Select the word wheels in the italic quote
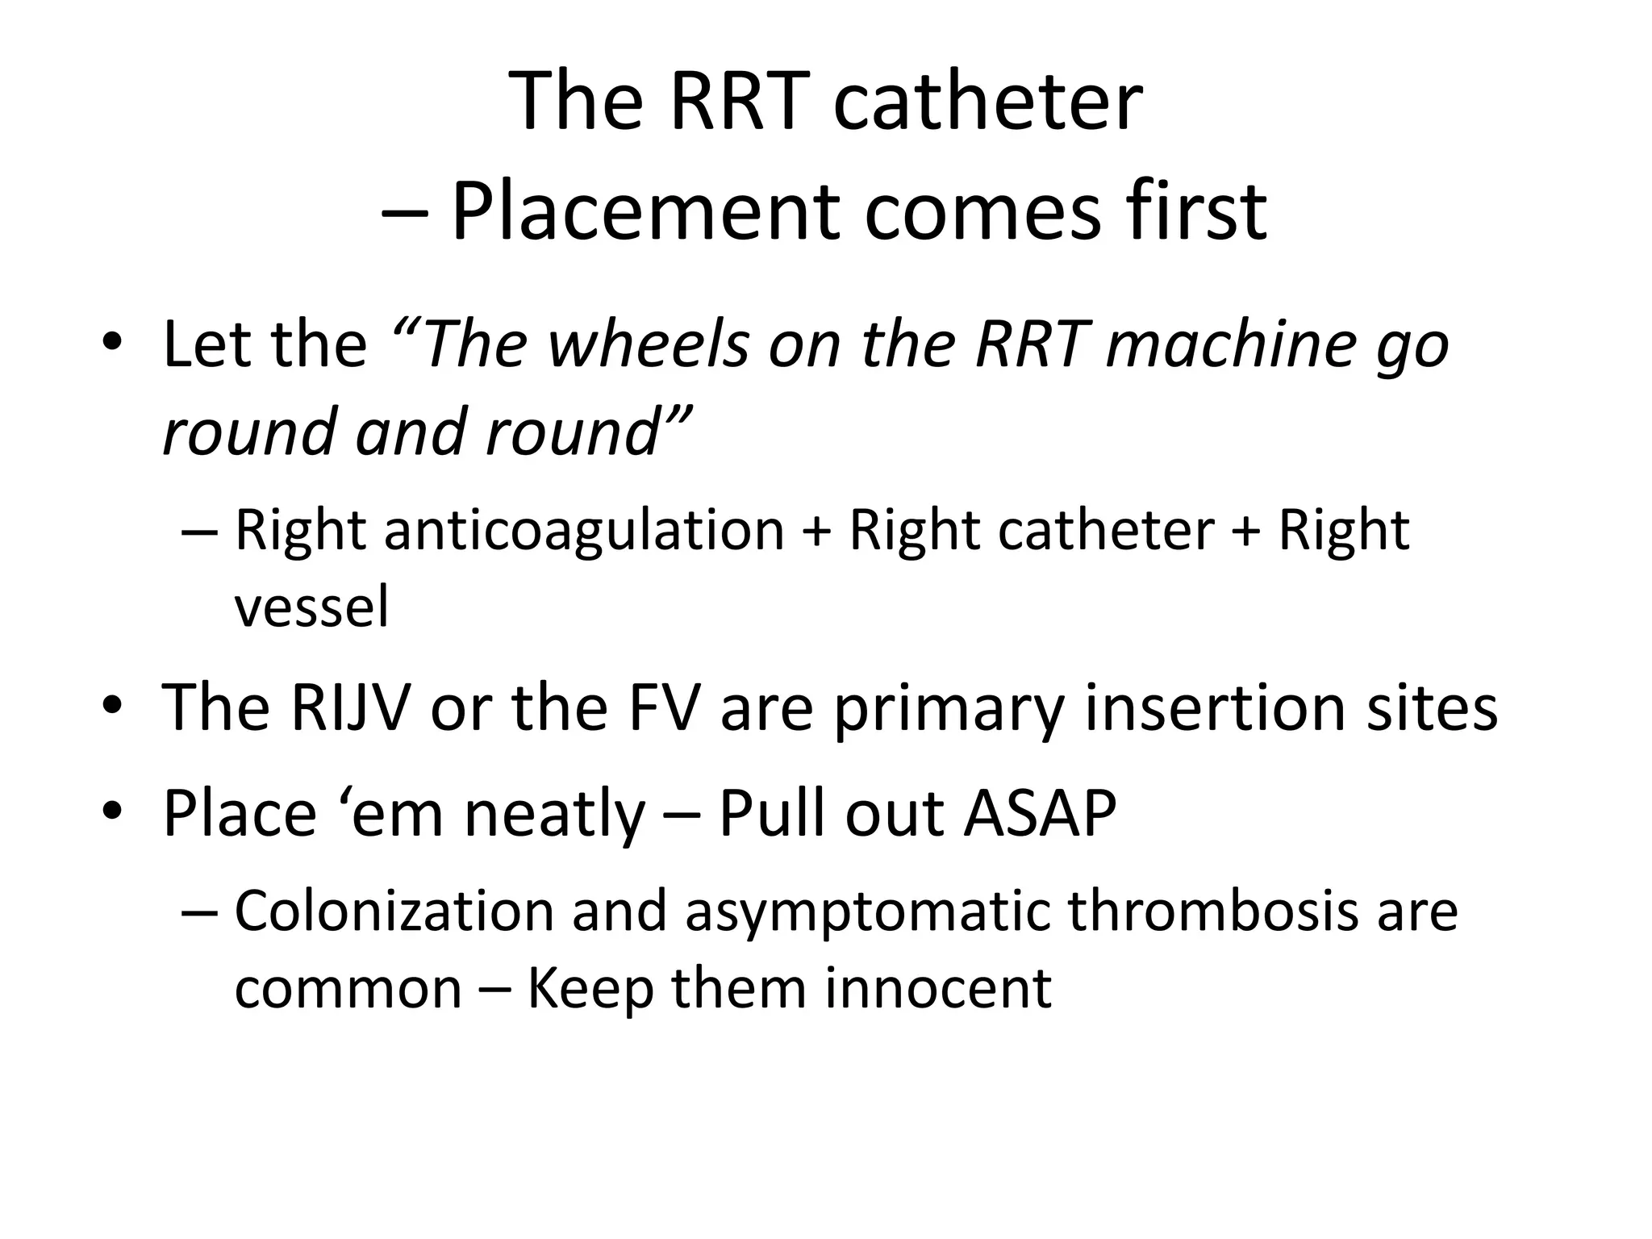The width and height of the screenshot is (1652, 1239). click(x=650, y=344)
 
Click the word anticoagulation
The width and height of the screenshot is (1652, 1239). click(x=584, y=530)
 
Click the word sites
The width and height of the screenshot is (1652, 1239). click(x=1425, y=707)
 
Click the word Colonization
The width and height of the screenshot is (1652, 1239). click(x=394, y=911)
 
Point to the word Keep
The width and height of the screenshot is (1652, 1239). click(x=590, y=990)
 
